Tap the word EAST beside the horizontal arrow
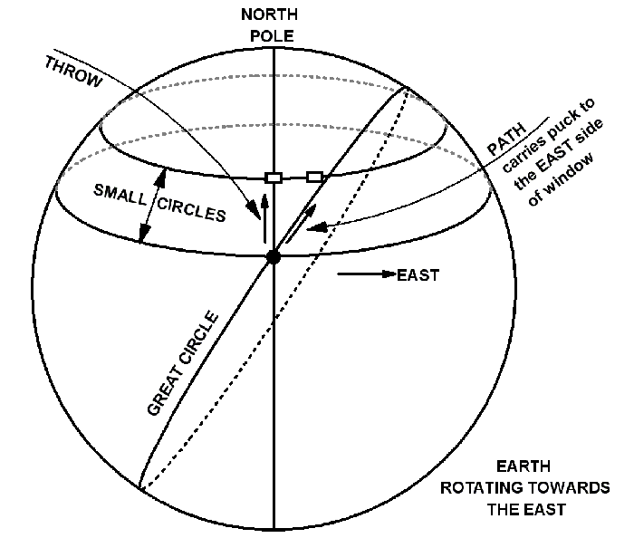[418, 275]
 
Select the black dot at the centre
[273, 258]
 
